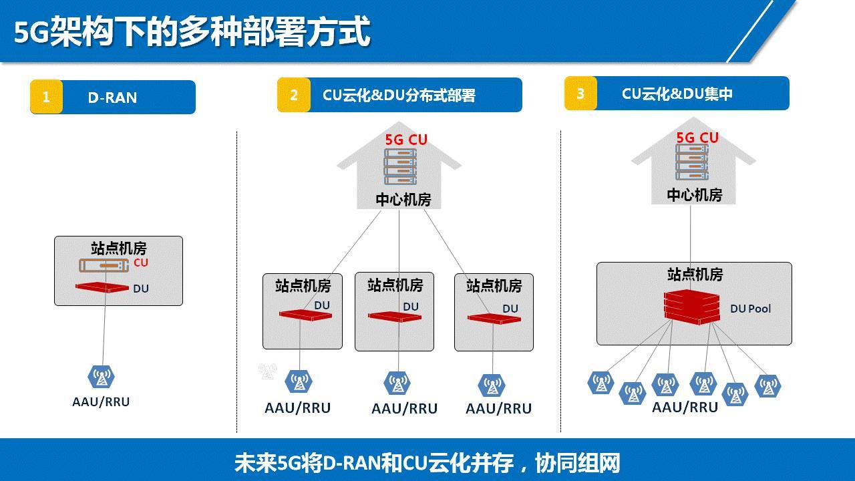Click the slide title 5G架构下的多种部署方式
[192, 31]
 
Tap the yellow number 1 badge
[46, 97]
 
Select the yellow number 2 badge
[293, 95]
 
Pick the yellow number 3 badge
[580, 94]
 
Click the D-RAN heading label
[112, 98]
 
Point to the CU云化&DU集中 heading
[677, 94]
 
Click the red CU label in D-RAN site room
[140, 263]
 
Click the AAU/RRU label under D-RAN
[101, 402]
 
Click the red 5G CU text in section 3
[697, 138]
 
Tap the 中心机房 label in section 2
[403, 200]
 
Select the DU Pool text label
[750, 309]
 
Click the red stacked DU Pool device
[692, 307]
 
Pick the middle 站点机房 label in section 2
[395, 285]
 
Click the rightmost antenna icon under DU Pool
[767, 386]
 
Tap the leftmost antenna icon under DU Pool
[601, 383]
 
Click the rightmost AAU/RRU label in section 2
[498, 408]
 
